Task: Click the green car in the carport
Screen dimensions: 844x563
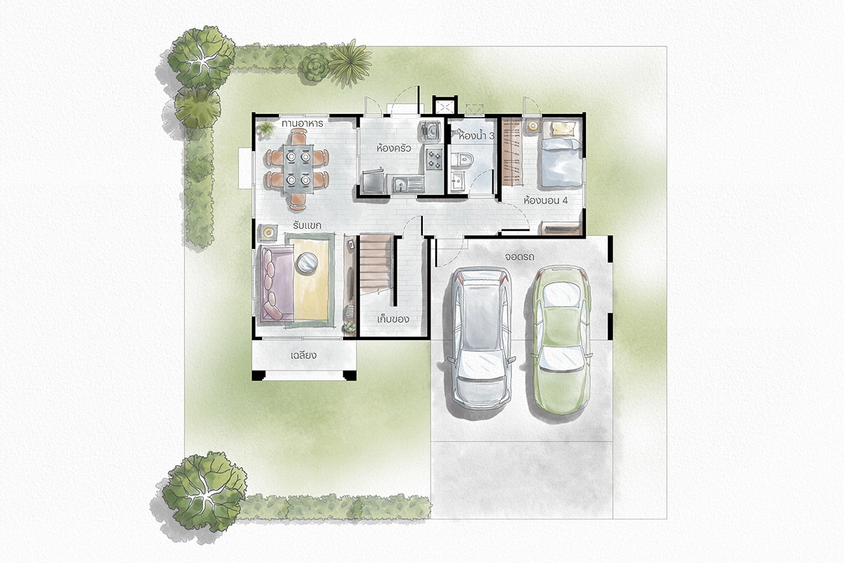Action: coord(561,339)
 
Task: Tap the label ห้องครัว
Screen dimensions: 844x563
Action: coord(393,148)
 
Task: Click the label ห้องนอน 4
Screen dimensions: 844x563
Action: coord(546,201)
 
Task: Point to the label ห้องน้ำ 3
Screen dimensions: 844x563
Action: coord(476,136)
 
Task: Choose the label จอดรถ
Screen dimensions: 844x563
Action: coord(520,257)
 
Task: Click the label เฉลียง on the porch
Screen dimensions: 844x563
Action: coord(303,355)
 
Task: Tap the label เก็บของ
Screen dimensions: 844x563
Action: coord(393,320)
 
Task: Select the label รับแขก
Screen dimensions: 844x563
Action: coord(307,225)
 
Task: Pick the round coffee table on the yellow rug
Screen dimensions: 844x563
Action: coord(307,262)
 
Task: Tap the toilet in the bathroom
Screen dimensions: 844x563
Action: coord(462,159)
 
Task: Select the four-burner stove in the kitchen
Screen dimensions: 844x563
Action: coord(434,158)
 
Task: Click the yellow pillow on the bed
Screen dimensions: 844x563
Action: coord(563,129)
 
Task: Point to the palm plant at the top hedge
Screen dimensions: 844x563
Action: coord(350,63)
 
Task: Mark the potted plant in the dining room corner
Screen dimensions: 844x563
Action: coord(266,129)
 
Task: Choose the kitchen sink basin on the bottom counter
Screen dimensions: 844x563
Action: coord(399,184)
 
